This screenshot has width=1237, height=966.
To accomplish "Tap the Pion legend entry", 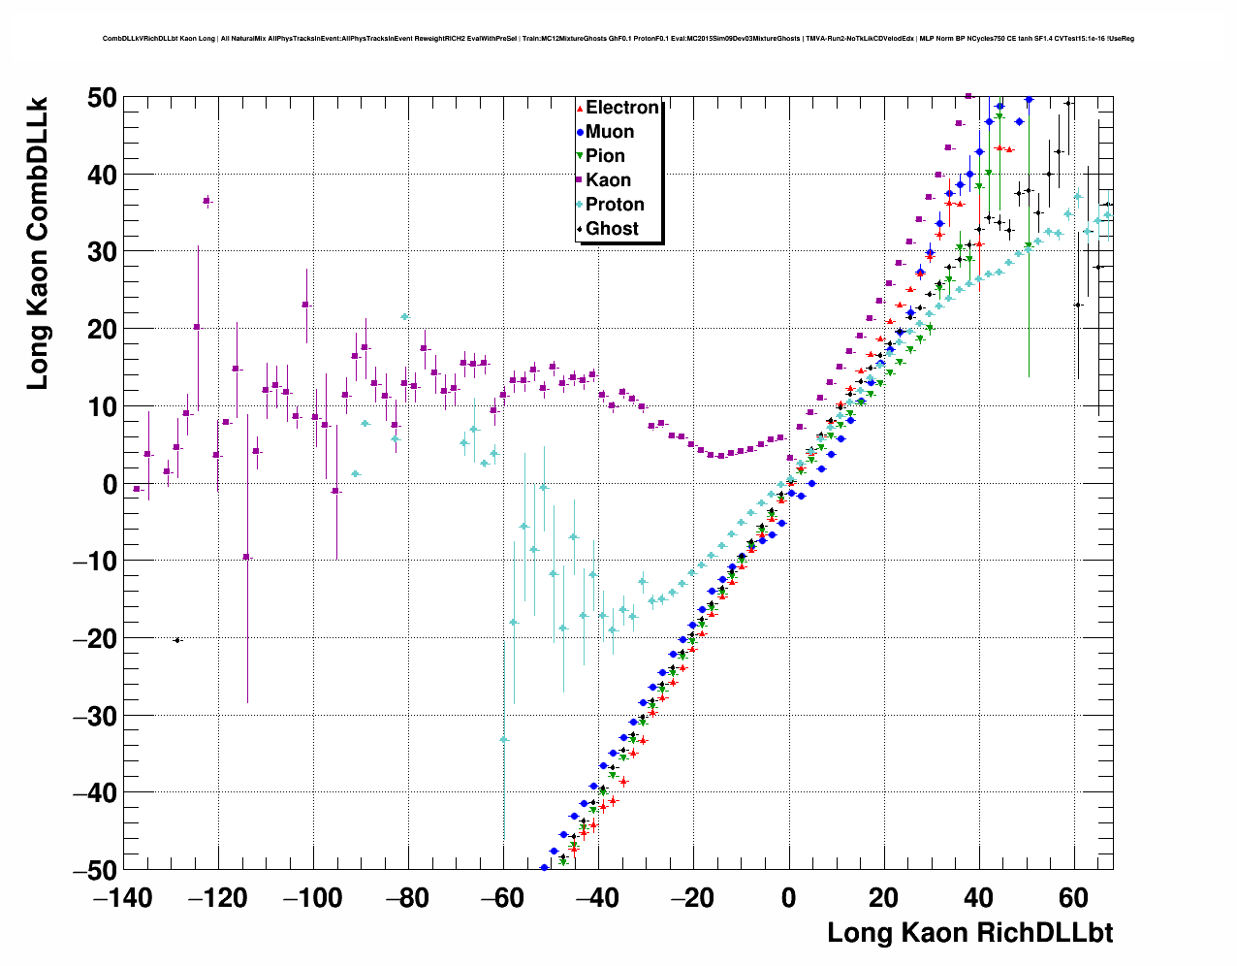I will (x=604, y=156).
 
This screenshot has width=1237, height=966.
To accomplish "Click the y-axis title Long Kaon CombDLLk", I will (x=37, y=243).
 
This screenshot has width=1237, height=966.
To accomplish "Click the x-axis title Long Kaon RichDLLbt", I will (x=969, y=933).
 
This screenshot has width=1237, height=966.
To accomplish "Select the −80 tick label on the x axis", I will (x=407, y=898).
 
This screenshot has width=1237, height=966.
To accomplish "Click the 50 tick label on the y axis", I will (x=94, y=98).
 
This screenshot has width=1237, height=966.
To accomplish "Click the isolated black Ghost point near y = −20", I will (x=177, y=640).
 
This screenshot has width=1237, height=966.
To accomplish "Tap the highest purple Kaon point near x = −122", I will (x=206, y=201).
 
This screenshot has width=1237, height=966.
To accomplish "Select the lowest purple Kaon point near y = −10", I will (x=246, y=557).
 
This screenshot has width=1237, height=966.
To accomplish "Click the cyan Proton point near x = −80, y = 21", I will (x=405, y=316).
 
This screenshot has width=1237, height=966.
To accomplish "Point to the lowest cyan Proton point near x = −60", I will (x=504, y=739).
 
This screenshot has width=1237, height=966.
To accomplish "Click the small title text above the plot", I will (x=618, y=39).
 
